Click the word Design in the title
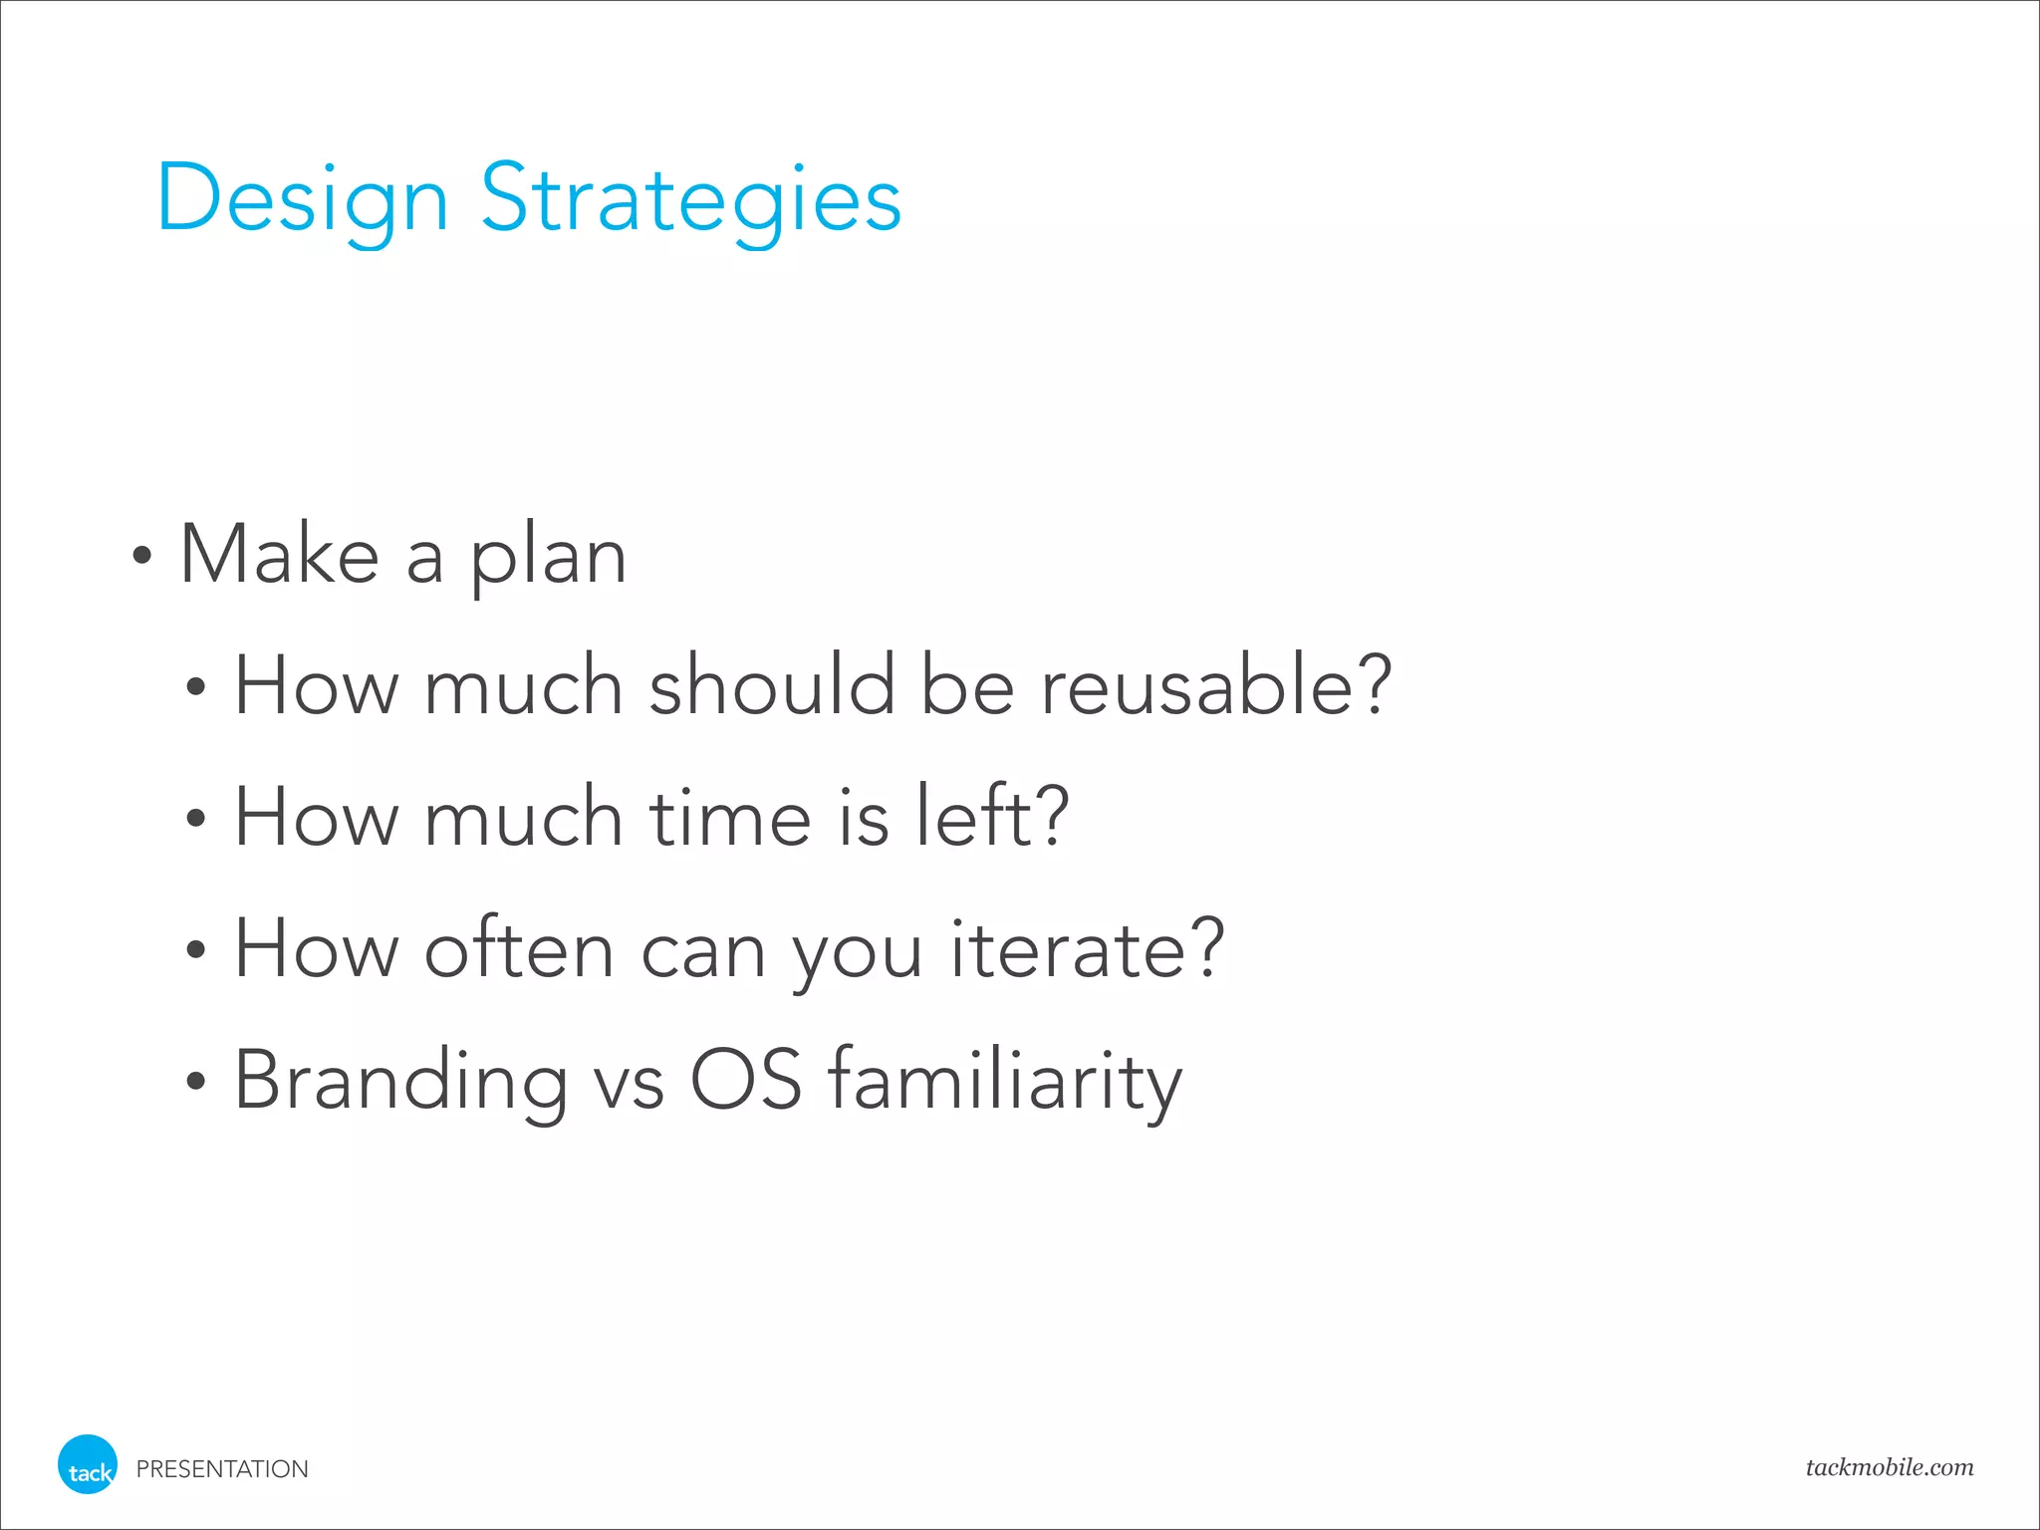(x=302, y=199)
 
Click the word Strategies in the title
(x=690, y=199)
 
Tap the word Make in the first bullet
(x=279, y=554)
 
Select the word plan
(x=548, y=558)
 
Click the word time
(x=730, y=817)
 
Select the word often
(x=519, y=948)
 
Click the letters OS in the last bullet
(x=745, y=1080)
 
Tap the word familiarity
(x=1004, y=1081)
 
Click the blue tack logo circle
(x=88, y=1464)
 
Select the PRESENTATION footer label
(x=222, y=1469)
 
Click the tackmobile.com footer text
(x=1889, y=1467)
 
